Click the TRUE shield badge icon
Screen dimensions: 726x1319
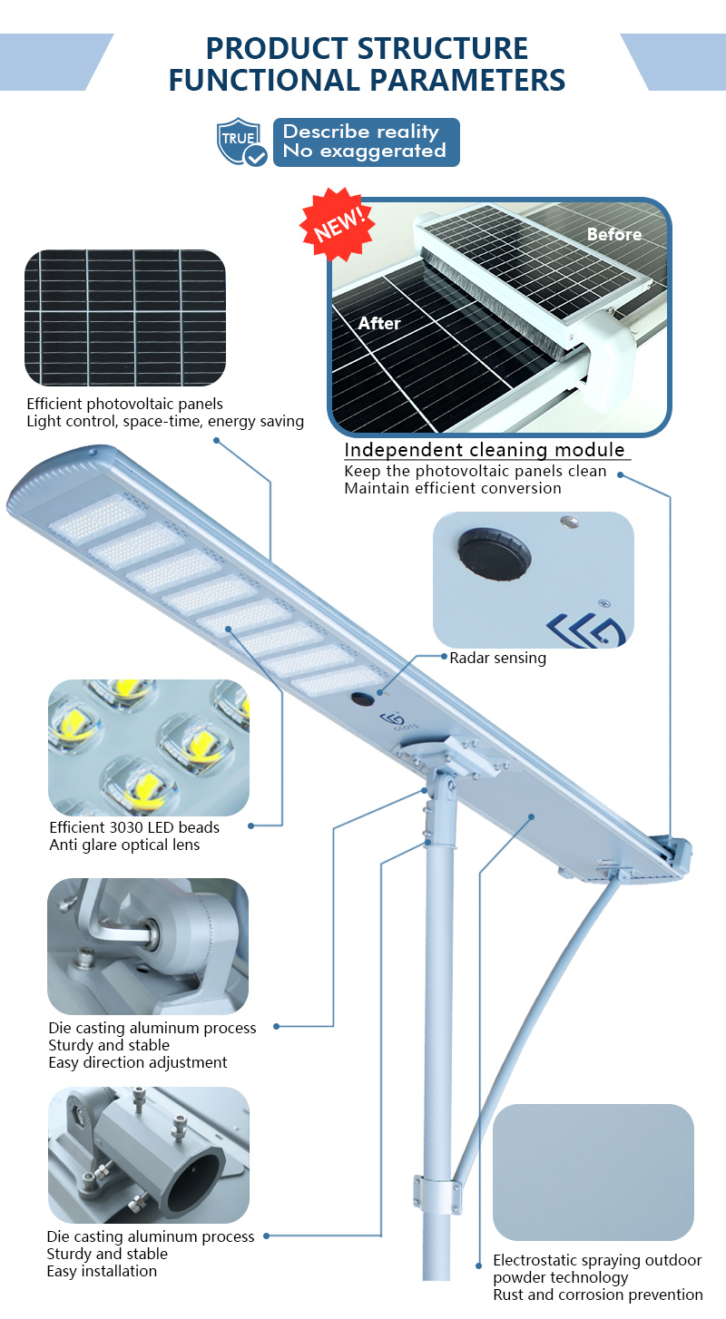241,142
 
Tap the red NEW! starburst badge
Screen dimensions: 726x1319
338,224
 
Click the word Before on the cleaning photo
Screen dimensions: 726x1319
614,234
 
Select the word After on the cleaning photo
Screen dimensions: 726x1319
379,323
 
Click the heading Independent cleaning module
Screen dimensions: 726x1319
485,450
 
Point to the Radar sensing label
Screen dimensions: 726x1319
498,658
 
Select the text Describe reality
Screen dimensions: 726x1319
360,132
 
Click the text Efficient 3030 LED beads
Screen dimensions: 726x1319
134,827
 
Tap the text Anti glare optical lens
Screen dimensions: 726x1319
124,845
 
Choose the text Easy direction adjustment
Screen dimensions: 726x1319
137,1062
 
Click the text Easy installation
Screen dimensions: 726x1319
102,1271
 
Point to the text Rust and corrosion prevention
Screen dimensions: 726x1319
597,1295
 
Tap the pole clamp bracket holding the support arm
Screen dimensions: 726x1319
437,1193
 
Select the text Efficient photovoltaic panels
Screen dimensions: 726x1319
125,404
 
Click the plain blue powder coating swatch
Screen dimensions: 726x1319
594,1172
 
